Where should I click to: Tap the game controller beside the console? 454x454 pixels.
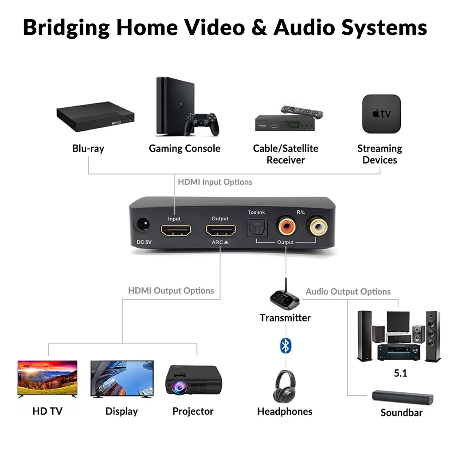[202, 124]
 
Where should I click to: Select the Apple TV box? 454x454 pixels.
[381, 114]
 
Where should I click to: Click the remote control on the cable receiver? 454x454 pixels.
[301, 111]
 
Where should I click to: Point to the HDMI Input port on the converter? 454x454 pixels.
[176, 231]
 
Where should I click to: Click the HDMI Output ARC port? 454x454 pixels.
[220, 231]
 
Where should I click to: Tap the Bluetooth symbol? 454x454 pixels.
[286, 345]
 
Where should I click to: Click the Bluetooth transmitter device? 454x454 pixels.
[285, 297]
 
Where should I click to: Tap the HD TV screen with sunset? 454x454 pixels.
[47, 377]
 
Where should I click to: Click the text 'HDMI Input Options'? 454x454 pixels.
[215, 182]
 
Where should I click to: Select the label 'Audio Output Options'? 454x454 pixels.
[348, 292]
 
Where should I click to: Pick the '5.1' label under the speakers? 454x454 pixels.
[400, 373]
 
